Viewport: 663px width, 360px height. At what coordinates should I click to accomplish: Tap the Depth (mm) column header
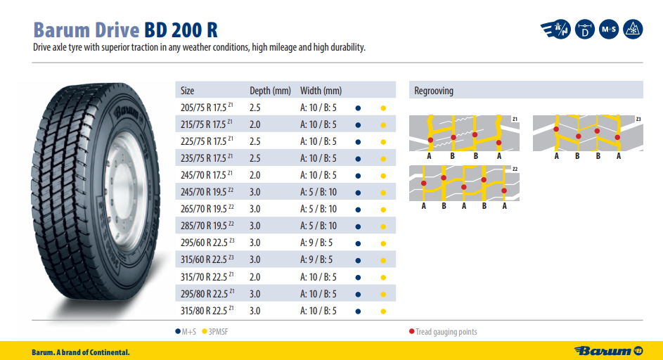[x=270, y=91]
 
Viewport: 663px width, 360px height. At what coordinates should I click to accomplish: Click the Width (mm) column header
[x=321, y=91]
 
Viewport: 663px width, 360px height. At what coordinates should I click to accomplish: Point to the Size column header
[x=187, y=91]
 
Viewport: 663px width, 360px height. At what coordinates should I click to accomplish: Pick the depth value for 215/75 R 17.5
[x=255, y=125]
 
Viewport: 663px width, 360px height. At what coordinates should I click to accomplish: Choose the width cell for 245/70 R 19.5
[x=318, y=193]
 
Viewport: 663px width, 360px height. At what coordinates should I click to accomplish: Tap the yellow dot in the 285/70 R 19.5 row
[x=383, y=226]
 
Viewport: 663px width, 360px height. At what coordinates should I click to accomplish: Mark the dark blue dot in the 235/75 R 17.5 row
[x=358, y=159]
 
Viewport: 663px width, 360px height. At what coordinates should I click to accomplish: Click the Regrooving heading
[x=434, y=91]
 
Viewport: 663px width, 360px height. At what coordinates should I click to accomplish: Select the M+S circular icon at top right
[x=609, y=30]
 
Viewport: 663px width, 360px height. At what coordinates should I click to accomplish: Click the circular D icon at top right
[x=584, y=30]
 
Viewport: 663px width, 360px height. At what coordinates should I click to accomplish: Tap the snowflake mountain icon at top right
[x=634, y=30]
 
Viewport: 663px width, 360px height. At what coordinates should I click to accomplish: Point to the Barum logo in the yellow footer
[x=610, y=350]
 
